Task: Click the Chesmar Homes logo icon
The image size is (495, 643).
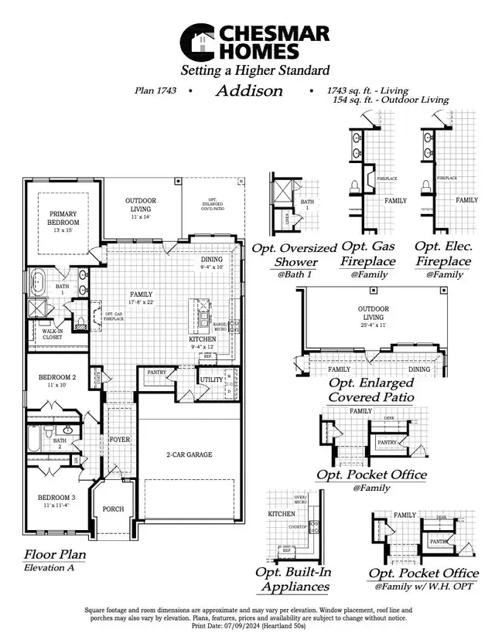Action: point(199,42)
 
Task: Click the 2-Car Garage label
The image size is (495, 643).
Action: point(189,454)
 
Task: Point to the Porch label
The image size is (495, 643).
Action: point(113,509)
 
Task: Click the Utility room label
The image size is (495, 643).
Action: point(210,380)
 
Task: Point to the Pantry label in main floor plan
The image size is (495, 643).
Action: point(158,373)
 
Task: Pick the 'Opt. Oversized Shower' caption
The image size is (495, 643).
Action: point(295,255)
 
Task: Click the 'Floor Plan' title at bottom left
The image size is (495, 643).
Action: point(55,554)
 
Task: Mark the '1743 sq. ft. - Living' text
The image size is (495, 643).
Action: point(369,90)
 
